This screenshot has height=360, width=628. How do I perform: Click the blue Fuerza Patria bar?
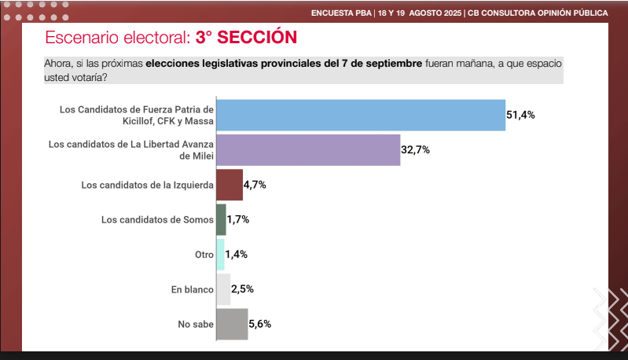tap(360, 115)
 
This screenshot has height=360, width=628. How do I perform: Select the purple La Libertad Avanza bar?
tap(308, 149)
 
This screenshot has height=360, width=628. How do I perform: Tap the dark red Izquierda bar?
tap(229, 185)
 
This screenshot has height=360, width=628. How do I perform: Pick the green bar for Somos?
tap(221, 219)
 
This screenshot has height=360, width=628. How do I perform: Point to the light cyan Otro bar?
tap(220, 255)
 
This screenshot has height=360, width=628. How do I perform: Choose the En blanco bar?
tap(222, 289)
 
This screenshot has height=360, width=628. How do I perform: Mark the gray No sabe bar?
tap(231, 324)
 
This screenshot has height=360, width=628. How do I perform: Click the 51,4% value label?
tap(520, 115)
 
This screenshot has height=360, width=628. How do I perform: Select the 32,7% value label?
tap(416, 149)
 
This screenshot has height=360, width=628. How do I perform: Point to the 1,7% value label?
tap(239, 219)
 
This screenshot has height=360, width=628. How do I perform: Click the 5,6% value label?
tap(260, 324)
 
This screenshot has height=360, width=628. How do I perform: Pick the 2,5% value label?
tap(243, 289)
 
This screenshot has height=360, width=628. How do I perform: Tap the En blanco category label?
tap(192, 289)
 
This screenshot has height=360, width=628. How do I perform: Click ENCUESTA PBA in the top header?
tap(341, 13)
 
